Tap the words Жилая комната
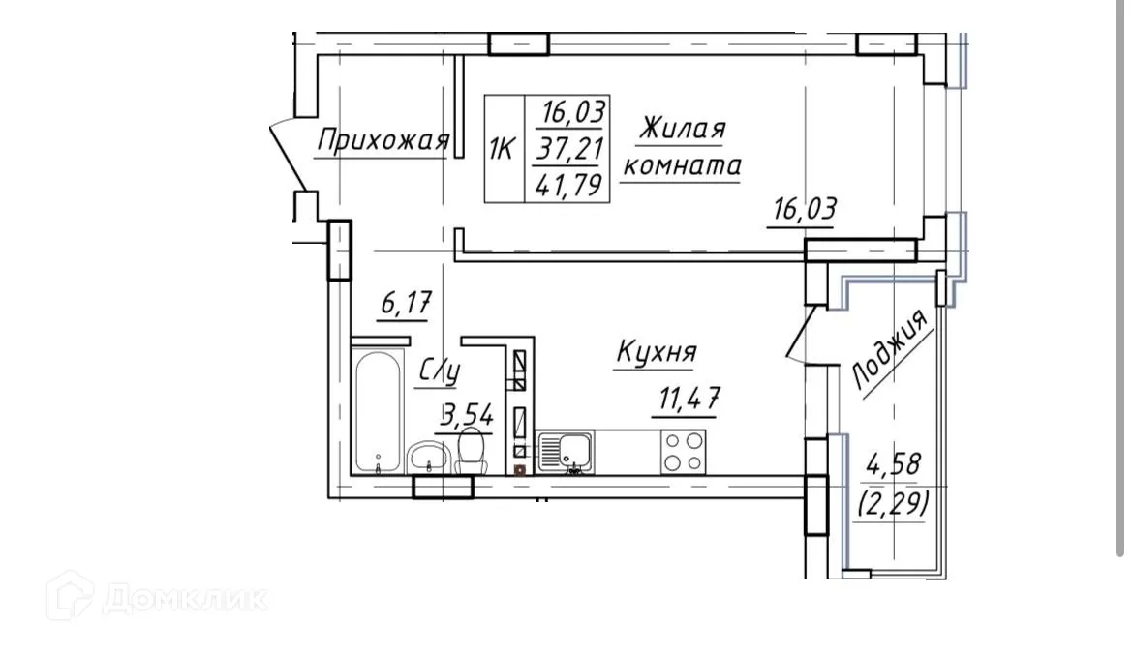point(682,147)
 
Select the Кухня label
point(657,353)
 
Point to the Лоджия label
point(892,350)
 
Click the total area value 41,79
point(567,184)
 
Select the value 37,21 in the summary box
point(567,148)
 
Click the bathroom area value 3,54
point(468,417)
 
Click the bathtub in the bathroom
point(378,415)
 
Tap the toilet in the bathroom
point(472,453)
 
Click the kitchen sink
point(564,452)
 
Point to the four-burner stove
point(683,451)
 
